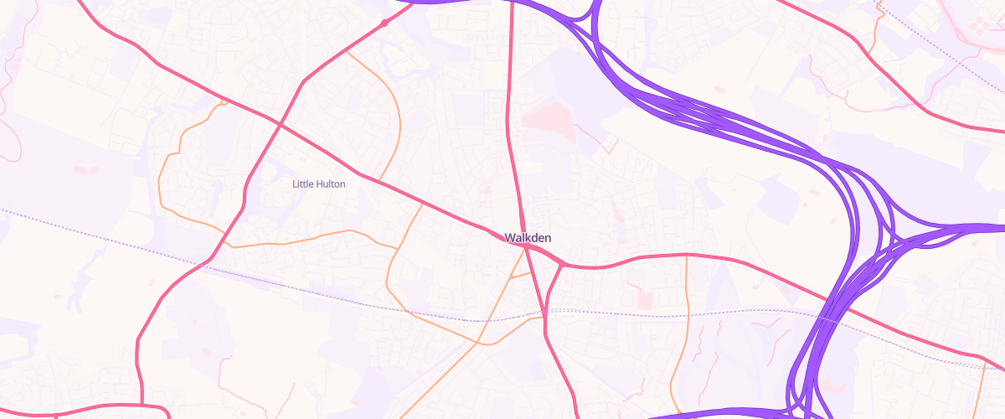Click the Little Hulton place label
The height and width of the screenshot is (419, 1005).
click(318, 184)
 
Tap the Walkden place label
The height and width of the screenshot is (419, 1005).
click(528, 238)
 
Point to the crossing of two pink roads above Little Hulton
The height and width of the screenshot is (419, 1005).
click(279, 124)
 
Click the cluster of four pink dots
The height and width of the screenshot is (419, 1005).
click(977, 27)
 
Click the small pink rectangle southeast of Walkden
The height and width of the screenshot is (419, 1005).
click(644, 299)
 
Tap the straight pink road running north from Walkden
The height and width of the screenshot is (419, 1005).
click(510, 101)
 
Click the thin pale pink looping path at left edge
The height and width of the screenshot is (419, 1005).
click(10, 126)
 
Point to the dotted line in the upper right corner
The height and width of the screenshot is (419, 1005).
click(938, 42)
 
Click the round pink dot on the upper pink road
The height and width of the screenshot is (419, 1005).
click(384, 23)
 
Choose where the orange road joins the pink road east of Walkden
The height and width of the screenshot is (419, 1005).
click(686, 255)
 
